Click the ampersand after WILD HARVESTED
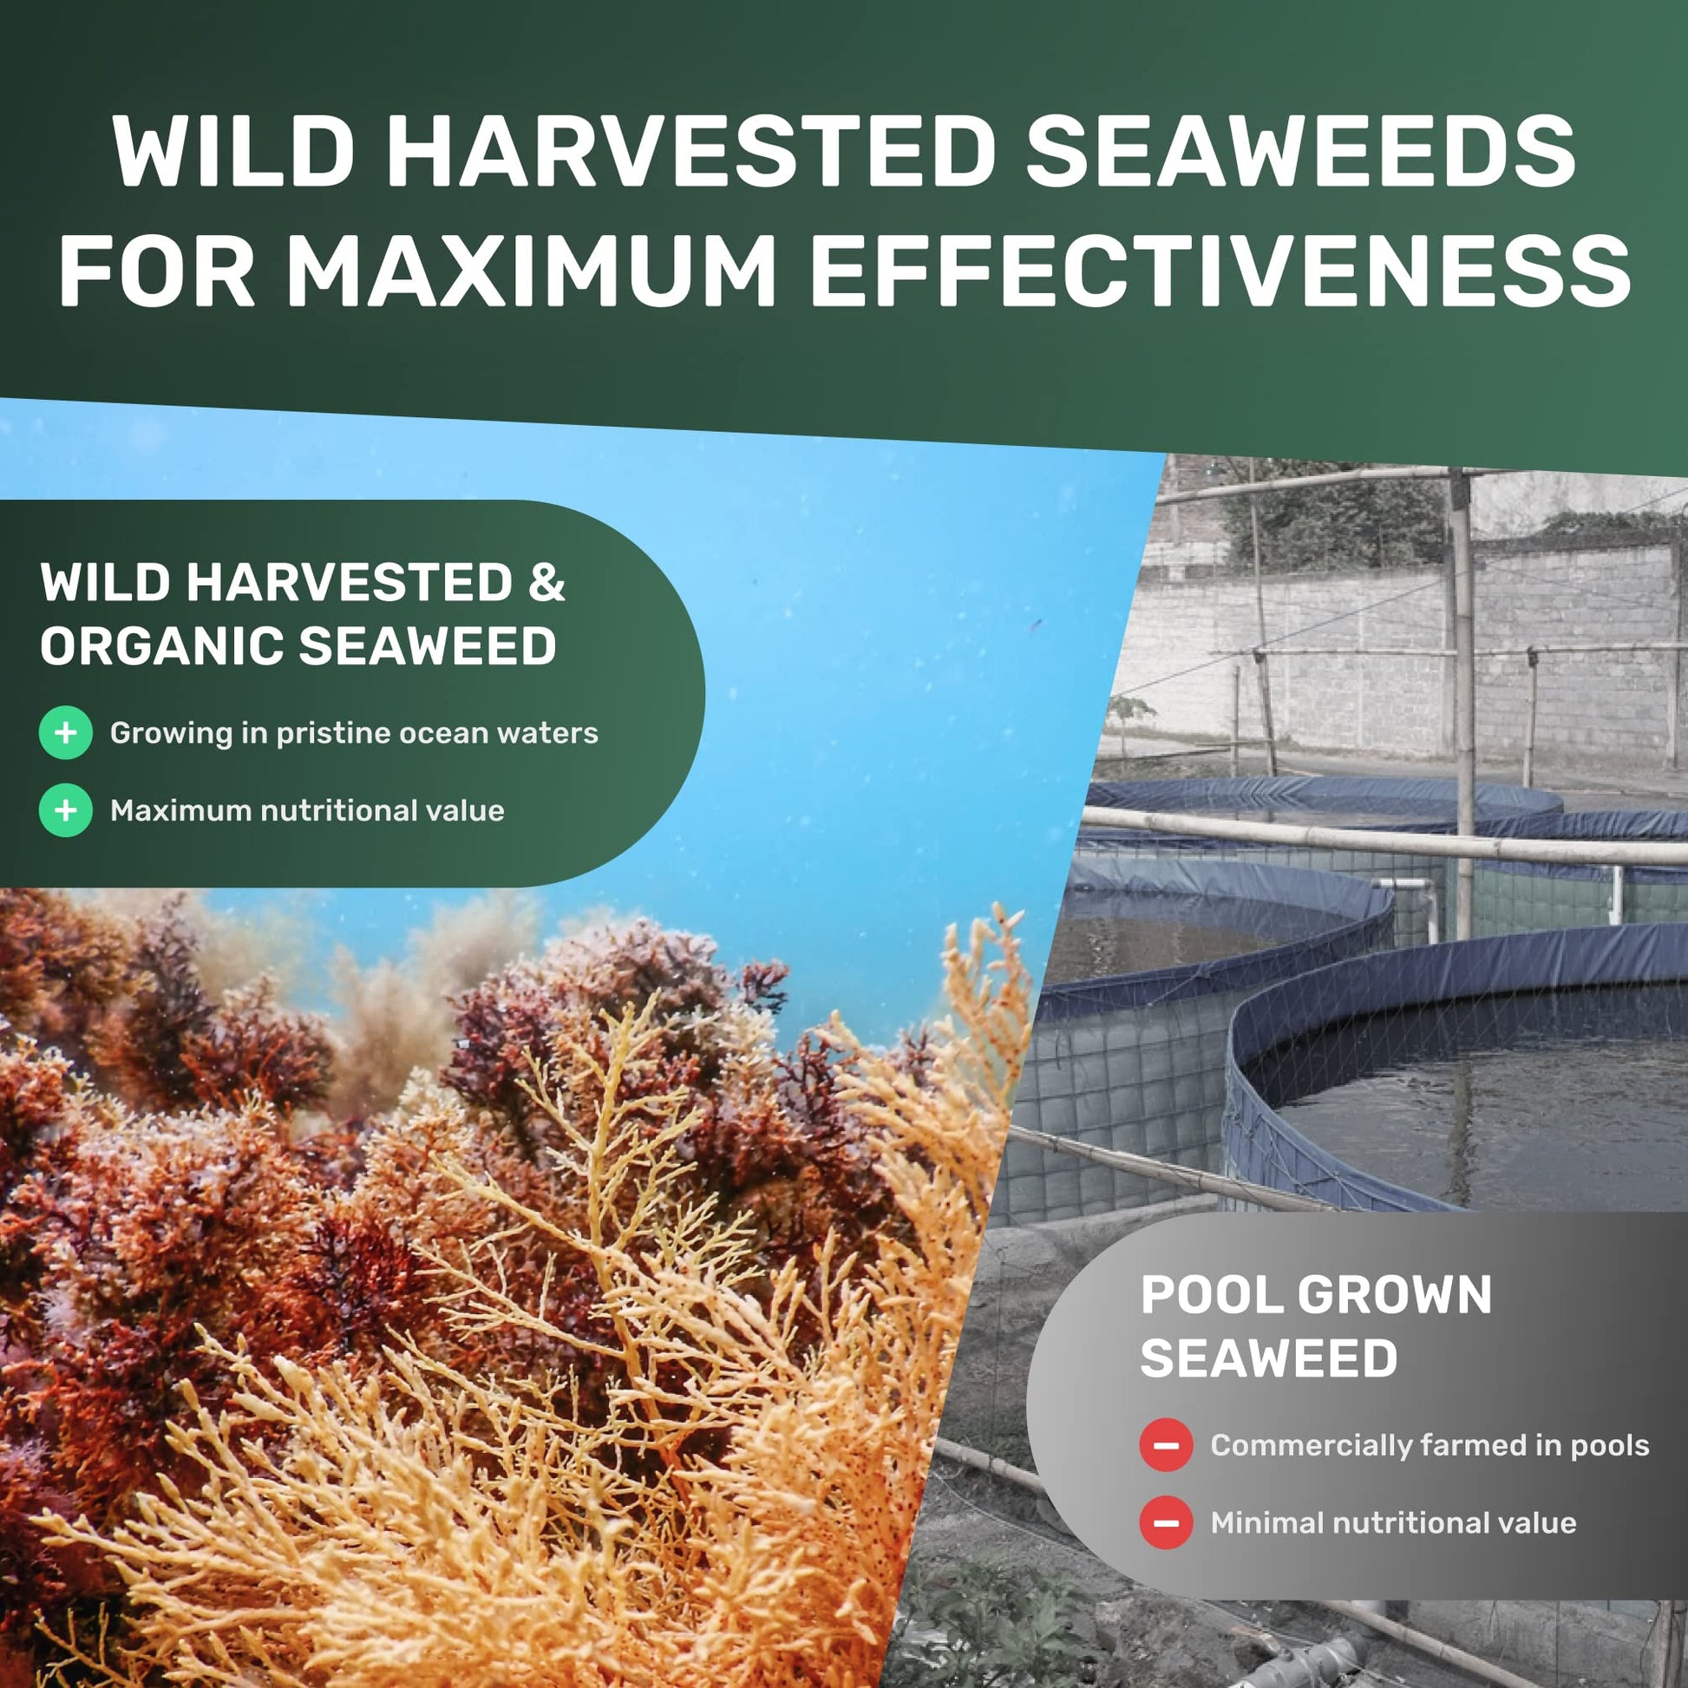coord(546,583)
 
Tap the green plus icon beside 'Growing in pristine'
coord(66,732)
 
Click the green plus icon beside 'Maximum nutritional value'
coord(66,810)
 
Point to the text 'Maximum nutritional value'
coord(308,811)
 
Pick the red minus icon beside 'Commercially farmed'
coord(1167,1445)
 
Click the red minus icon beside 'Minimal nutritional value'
coord(1167,1523)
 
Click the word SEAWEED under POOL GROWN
coord(1269,1358)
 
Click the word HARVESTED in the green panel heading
coord(350,583)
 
